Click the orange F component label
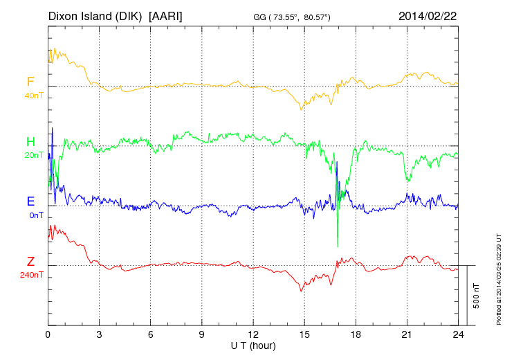[30, 82]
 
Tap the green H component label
[30, 142]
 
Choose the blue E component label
[30, 201]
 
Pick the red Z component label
[30, 262]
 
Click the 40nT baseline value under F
[33, 95]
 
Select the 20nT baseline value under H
[33, 155]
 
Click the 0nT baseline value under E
[35, 215]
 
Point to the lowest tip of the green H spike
[338, 246]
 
